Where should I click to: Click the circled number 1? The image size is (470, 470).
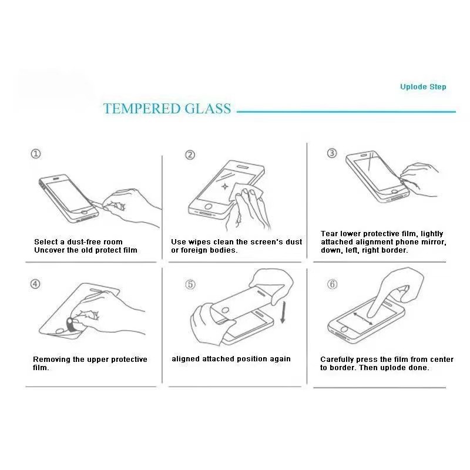click(x=36, y=154)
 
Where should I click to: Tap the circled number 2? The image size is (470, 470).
click(x=190, y=155)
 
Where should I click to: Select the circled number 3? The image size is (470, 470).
click(x=332, y=153)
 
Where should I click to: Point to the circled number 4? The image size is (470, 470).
click(x=35, y=284)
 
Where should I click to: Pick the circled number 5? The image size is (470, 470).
click(x=190, y=284)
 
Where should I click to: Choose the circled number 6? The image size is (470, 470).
click(x=332, y=284)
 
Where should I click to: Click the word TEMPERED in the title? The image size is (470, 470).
click(x=142, y=109)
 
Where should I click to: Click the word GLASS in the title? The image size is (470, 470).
click(x=208, y=109)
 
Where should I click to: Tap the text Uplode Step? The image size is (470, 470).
click(x=423, y=87)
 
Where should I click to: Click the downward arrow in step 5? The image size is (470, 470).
click(x=283, y=313)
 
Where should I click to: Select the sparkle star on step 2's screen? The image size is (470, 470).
click(x=225, y=186)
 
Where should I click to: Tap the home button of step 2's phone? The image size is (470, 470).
click(x=208, y=207)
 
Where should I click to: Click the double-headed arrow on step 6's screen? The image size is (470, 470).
click(x=363, y=319)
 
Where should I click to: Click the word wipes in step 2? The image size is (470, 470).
click(x=199, y=242)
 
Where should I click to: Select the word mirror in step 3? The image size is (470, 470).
click(x=433, y=242)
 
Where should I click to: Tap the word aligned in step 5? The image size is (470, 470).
click(x=186, y=359)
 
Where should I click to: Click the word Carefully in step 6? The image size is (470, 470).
click(x=337, y=360)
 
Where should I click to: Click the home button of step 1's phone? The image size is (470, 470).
click(x=85, y=212)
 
